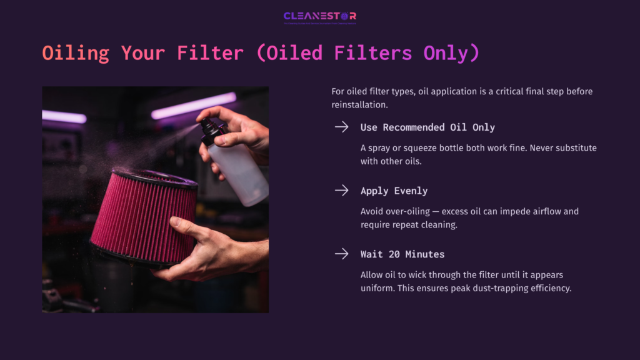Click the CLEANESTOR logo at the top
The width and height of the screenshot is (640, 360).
(319, 16)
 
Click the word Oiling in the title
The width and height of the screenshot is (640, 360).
(76, 53)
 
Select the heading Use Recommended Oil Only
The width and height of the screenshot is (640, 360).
(427, 127)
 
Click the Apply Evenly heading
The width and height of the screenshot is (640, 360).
(394, 191)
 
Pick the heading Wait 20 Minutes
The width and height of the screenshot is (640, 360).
(402, 254)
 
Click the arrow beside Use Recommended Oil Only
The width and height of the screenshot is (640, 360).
(341, 127)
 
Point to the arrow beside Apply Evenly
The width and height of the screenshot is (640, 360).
(341, 191)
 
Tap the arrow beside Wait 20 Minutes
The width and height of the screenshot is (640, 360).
(341, 254)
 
